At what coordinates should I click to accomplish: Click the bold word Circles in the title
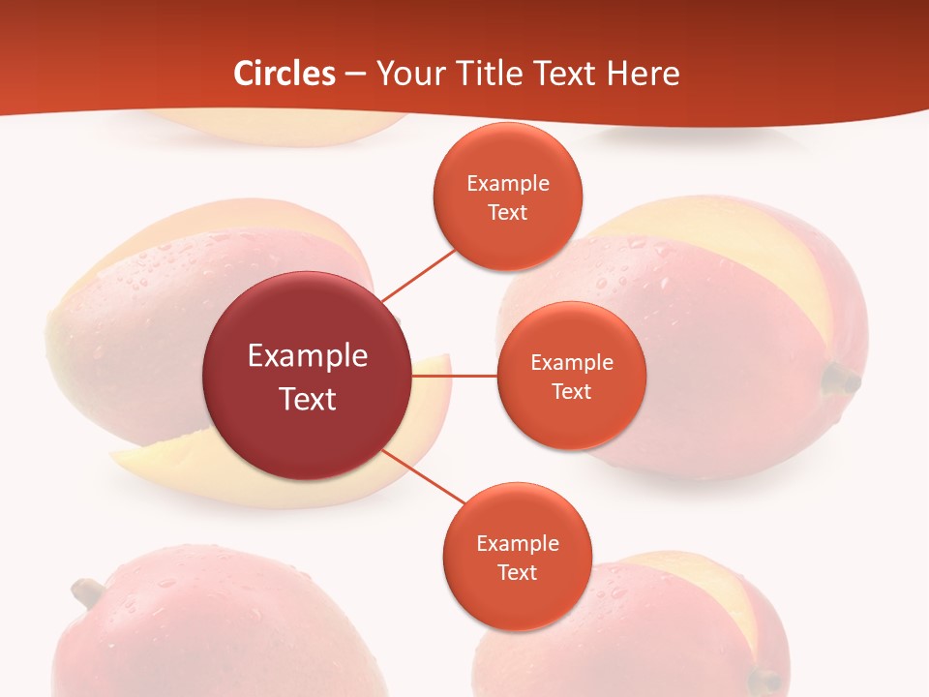click(x=285, y=74)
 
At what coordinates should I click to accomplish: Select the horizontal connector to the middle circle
click(x=454, y=376)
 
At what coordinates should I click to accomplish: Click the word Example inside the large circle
click(x=307, y=355)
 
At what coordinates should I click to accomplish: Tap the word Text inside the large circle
click(x=307, y=399)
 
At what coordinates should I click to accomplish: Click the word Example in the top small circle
click(x=508, y=184)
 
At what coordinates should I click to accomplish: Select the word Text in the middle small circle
click(x=571, y=391)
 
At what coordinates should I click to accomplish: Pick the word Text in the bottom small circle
click(x=517, y=572)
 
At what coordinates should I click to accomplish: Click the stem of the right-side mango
click(x=840, y=379)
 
